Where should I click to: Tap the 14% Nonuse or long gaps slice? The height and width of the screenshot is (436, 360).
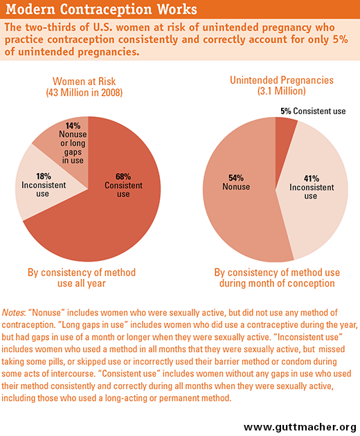click(69, 145)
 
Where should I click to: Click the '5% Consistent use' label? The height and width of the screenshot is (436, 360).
click(313, 111)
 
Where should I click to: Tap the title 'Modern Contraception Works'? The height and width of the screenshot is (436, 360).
click(101, 9)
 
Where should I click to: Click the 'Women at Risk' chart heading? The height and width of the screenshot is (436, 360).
click(84, 82)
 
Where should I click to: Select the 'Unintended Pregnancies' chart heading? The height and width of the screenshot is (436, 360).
click(282, 80)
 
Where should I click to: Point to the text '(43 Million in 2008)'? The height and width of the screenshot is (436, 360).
click(84, 93)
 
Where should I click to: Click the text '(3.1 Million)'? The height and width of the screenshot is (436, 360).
click(282, 91)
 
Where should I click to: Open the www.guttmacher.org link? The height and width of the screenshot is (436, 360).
click(300, 427)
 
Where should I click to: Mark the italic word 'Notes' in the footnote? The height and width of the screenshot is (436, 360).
click(12, 313)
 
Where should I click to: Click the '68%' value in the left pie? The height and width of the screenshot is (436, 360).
click(123, 176)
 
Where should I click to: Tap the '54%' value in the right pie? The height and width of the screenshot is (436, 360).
click(236, 178)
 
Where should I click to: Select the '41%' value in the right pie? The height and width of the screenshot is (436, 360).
click(312, 179)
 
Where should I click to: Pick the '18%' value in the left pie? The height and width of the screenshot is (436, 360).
click(44, 176)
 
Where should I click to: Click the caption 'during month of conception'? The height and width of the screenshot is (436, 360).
click(277, 283)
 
